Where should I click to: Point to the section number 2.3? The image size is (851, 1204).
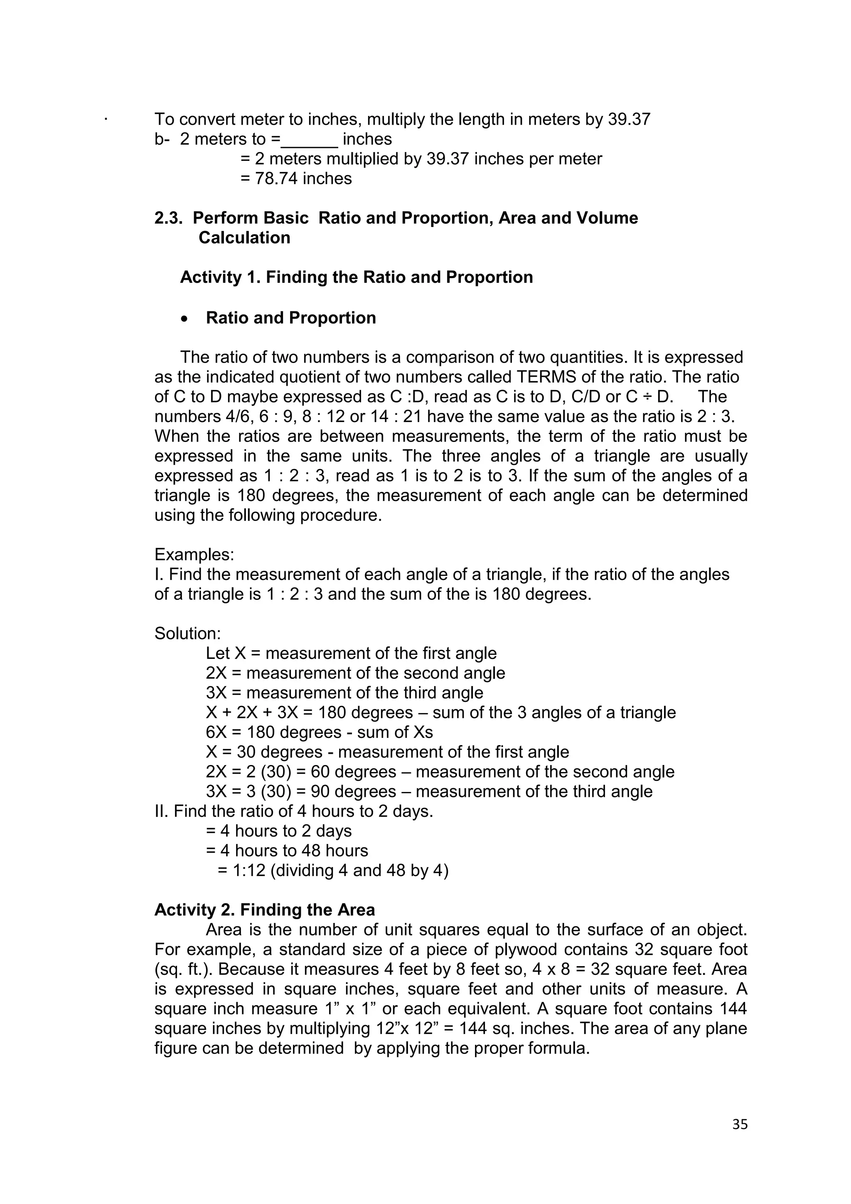[x=168, y=218]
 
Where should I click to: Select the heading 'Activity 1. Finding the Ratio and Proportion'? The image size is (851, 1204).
[x=357, y=277]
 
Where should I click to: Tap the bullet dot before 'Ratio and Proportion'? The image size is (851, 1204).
[x=184, y=319]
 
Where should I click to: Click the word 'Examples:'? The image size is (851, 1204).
[x=194, y=554]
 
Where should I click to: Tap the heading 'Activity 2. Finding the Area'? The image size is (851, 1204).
[x=265, y=910]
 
